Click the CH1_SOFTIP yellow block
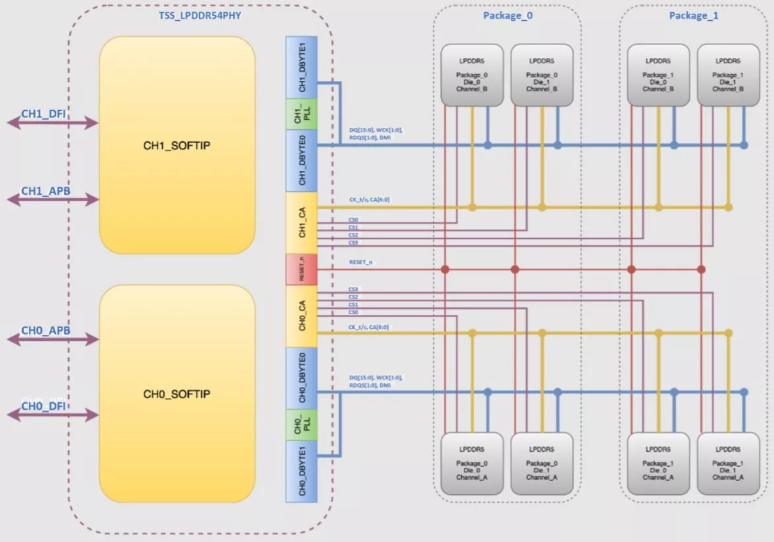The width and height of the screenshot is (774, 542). [x=177, y=145]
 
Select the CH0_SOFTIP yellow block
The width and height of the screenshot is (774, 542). [x=177, y=394]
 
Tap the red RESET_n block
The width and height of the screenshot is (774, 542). [x=301, y=270]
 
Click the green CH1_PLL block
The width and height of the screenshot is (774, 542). [x=301, y=114]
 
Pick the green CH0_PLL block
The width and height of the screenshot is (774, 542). [x=301, y=424]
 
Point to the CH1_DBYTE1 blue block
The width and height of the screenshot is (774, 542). [x=301, y=67]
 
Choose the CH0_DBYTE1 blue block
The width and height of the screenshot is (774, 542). [x=301, y=471]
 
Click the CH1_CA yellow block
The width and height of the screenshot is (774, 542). [x=301, y=223]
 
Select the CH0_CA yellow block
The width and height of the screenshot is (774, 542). [x=301, y=316]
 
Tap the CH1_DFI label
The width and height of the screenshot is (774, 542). [x=44, y=114]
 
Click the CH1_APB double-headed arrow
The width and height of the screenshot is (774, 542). [x=53, y=198]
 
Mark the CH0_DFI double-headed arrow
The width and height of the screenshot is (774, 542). [x=53, y=414]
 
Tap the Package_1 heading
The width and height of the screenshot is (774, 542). [x=693, y=15]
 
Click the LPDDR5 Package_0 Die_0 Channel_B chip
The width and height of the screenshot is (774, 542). [x=472, y=75]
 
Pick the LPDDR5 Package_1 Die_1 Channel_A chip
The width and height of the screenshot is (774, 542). [x=728, y=463]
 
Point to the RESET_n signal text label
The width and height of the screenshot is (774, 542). [x=362, y=263]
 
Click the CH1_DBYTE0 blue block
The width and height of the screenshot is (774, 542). [x=301, y=161]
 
